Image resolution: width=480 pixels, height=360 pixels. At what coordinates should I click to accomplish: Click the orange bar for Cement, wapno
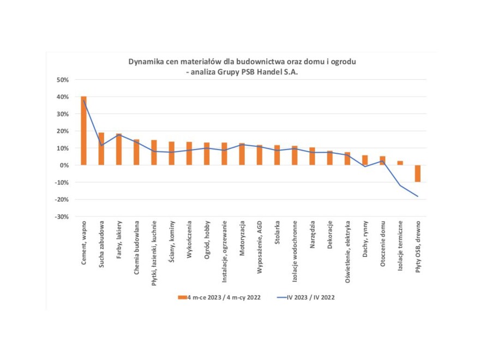[83, 131]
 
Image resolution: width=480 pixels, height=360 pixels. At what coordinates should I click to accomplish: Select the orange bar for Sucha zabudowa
[101, 149]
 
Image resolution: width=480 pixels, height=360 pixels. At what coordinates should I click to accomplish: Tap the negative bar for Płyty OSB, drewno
[418, 173]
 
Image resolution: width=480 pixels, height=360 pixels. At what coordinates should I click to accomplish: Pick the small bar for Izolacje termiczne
[400, 163]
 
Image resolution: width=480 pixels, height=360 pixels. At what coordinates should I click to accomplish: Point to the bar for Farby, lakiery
[119, 149]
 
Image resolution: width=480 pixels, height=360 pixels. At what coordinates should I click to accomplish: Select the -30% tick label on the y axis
[62, 217]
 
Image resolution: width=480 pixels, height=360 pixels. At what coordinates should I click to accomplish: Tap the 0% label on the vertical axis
[64, 165]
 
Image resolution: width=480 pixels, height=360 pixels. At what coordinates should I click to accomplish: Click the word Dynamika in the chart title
[146, 62]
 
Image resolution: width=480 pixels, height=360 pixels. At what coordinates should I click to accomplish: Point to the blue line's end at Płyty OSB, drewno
[418, 196]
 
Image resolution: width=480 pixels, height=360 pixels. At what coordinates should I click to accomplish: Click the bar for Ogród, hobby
[207, 154]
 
